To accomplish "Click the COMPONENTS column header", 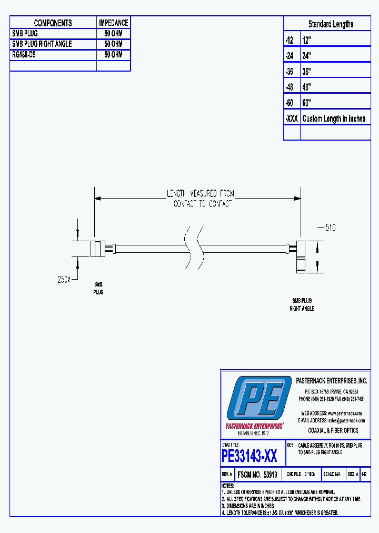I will point(53,23).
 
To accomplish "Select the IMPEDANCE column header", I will point(113,23).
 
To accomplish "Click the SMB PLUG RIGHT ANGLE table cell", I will point(42,44).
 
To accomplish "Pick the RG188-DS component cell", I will point(24,54).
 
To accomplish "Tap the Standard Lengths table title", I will point(331,24).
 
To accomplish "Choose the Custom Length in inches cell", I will point(334,119).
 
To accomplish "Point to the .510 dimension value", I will point(327,228).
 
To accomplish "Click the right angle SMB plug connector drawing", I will point(298,256).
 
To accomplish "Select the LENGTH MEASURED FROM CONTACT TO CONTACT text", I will point(201,199).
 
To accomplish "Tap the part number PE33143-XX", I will point(250,455).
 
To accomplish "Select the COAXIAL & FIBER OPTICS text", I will point(333,430).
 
